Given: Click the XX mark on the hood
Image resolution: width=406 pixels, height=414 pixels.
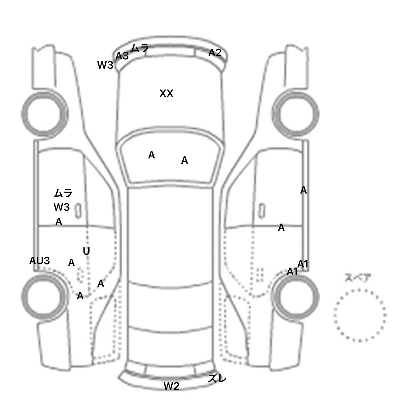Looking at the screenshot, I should (x=166, y=93).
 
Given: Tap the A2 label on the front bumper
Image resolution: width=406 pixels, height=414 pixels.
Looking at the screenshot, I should (x=215, y=53).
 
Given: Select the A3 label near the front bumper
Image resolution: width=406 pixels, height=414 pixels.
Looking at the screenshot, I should (x=122, y=56).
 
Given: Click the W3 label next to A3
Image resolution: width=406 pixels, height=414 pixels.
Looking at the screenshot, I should (x=105, y=65).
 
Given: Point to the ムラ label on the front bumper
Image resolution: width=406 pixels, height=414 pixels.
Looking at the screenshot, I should (x=140, y=48).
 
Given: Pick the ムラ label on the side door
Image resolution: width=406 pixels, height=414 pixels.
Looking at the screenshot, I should (x=63, y=193).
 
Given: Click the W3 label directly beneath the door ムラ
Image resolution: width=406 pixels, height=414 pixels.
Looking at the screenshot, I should (x=62, y=207).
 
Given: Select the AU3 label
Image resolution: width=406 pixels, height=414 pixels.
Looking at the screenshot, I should (x=39, y=261).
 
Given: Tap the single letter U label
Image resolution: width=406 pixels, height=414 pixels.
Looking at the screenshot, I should (x=86, y=251).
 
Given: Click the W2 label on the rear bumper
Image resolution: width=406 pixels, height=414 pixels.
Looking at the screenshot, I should (x=172, y=386).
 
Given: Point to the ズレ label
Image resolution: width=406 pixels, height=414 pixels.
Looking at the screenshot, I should (x=217, y=379).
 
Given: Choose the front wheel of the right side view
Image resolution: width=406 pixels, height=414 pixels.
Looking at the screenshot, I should (x=296, y=114).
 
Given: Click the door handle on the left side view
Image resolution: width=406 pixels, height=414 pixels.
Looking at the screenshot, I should (x=78, y=211).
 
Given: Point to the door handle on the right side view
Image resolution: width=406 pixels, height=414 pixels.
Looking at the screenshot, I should (x=262, y=211).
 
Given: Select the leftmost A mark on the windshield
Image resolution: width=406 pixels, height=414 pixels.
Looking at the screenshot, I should (x=151, y=155).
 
